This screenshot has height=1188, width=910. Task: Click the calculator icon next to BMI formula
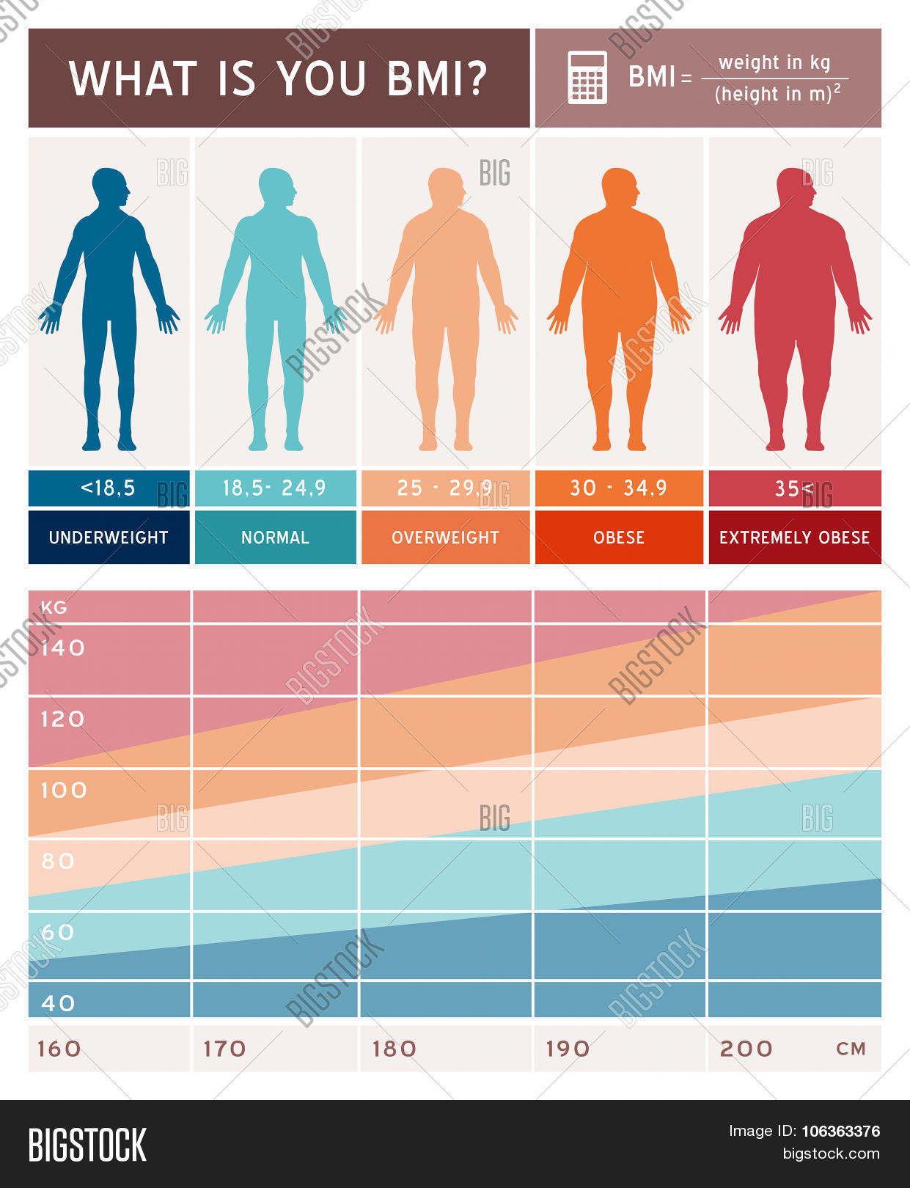pyautogui.click(x=587, y=78)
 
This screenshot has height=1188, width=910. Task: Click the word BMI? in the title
pyautogui.click(x=437, y=78)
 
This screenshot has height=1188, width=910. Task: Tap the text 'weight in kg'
pyautogui.click(x=774, y=62)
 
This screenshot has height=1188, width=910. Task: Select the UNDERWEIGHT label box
pyautogui.click(x=109, y=538)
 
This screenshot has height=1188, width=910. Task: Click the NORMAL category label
pyautogui.click(x=275, y=538)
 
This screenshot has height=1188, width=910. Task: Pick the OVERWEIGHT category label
pyautogui.click(x=445, y=538)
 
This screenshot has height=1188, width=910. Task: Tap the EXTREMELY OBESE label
pyautogui.click(x=794, y=538)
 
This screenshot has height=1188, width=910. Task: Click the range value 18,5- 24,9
pyautogui.click(x=274, y=488)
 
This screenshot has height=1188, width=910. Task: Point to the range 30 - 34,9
pyautogui.click(x=618, y=488)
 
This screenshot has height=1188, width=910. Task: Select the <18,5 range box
pyautogui.click(x=108, y=488)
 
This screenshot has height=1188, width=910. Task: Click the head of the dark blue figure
pyautogui.click(x=111, y=186)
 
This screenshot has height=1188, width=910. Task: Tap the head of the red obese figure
pyautogui.click(x=796, y=187)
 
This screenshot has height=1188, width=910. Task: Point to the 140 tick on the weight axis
pyautogui.click(x=63, y=648)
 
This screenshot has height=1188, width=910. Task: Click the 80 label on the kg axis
pyautogui.click(x=59, y=861)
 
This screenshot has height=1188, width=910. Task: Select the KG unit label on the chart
pyautogui.click(x=54, y=607)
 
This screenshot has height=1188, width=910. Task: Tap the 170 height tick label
pyautogui.click(x=224, y=1049)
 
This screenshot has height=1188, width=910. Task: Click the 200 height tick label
pyautogui.click(x=746, y=1049)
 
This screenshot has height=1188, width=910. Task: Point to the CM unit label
pyautogui.click(x=851, y=1049)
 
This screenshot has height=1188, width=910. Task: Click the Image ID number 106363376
pyautogui.click(x=840, y=1131)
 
